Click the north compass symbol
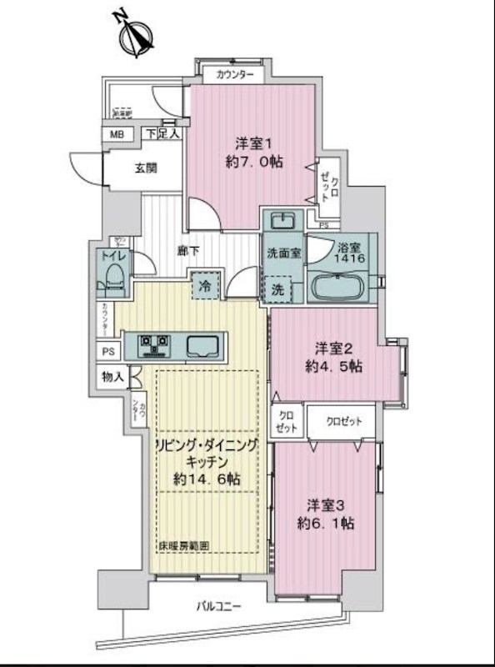click(135, 34)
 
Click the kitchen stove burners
click(155, 344)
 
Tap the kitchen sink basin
click(203, 344)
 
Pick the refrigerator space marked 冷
click(205, 285)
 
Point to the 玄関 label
click(146, 167)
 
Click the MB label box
click(114, 133)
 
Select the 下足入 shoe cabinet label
click(162, 133)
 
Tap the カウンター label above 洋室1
click(236, 74)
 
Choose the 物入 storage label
click(114, 378)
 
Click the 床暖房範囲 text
click(183, 547)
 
